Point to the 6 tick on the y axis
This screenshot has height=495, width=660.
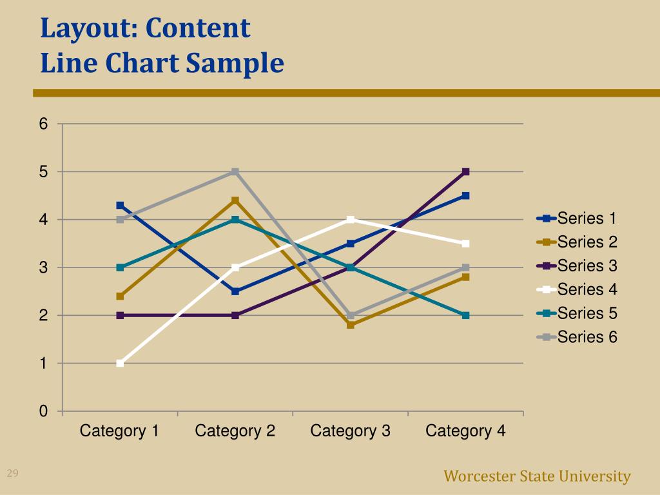click(43, 124)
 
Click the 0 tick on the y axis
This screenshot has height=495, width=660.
click(43, 411)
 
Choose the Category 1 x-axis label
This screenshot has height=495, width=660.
click(120, 431)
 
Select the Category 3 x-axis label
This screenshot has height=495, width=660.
click(350, 431)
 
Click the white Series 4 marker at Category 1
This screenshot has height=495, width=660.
click(120, 364)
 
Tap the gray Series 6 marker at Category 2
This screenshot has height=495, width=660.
click(235, 171)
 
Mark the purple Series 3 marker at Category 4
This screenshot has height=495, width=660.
click(465, 171)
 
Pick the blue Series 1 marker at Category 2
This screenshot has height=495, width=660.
click(235, 291)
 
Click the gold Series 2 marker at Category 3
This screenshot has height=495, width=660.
click(350, 325)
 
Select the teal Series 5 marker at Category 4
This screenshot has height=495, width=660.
click(465, 315)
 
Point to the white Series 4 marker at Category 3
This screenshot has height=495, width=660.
click(350, 220)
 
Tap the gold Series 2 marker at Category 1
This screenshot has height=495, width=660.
click(120, 296)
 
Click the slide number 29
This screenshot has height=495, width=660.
click(12, 474)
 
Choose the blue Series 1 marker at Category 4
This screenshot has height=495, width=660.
click(465, 195)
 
